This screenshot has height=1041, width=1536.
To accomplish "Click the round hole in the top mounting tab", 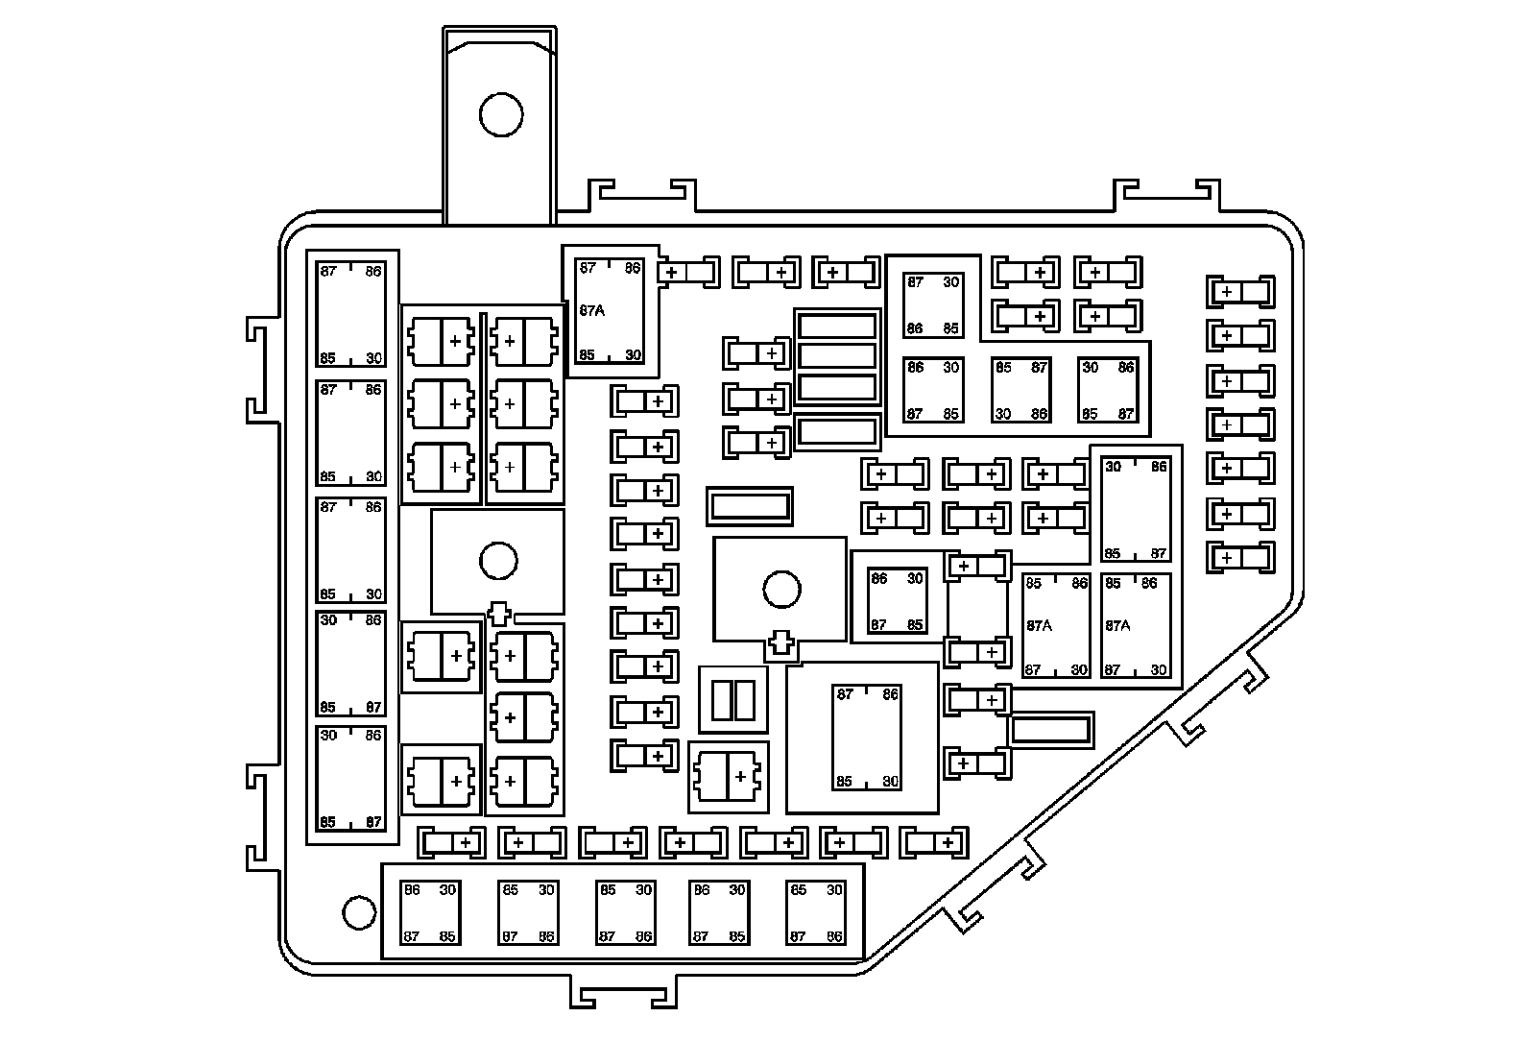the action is [500, 115].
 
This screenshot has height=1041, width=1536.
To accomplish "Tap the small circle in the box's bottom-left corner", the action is [358, 912].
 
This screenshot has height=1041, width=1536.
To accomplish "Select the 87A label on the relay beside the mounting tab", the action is [593, 311].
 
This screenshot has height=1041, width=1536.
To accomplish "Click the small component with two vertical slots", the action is [733, 700].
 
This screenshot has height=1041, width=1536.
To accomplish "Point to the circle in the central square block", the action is [781, 589].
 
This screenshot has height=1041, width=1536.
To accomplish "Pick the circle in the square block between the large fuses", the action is [498, 561].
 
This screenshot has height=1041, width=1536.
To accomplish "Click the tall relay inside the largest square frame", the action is [867, 738].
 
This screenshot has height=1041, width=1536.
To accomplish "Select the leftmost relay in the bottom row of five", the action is [429, 913].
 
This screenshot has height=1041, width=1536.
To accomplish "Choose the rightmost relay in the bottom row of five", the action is [815, 913].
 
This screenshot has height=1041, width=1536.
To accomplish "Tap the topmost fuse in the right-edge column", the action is [1240, 291].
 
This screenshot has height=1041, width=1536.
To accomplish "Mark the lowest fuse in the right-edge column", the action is [1240, 558].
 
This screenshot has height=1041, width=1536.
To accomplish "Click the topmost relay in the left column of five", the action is [350, 314].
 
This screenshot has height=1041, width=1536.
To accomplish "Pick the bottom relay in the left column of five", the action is [350, 779].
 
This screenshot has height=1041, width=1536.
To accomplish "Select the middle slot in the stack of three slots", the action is [837, 356].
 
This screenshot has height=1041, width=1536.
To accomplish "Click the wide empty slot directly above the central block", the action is [749, 505].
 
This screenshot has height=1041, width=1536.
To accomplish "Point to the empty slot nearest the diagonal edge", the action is [1051, 729].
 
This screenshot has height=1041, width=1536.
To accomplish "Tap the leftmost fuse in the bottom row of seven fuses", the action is [452, 843].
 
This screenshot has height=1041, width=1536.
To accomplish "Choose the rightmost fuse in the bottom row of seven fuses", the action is [935, 843].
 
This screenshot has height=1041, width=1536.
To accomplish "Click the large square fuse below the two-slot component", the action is [729, 776].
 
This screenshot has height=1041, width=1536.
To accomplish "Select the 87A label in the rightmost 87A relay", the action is [1118, 625].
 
